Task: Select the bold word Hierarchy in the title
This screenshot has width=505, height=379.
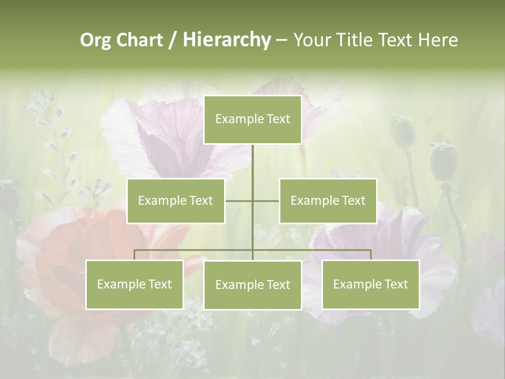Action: tap(226, 40)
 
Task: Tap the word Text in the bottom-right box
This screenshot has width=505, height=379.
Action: tap(396, 284)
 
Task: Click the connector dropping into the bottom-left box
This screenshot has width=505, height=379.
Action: tap(134, 255)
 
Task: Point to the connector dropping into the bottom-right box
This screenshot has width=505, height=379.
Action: tap(371, 255)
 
